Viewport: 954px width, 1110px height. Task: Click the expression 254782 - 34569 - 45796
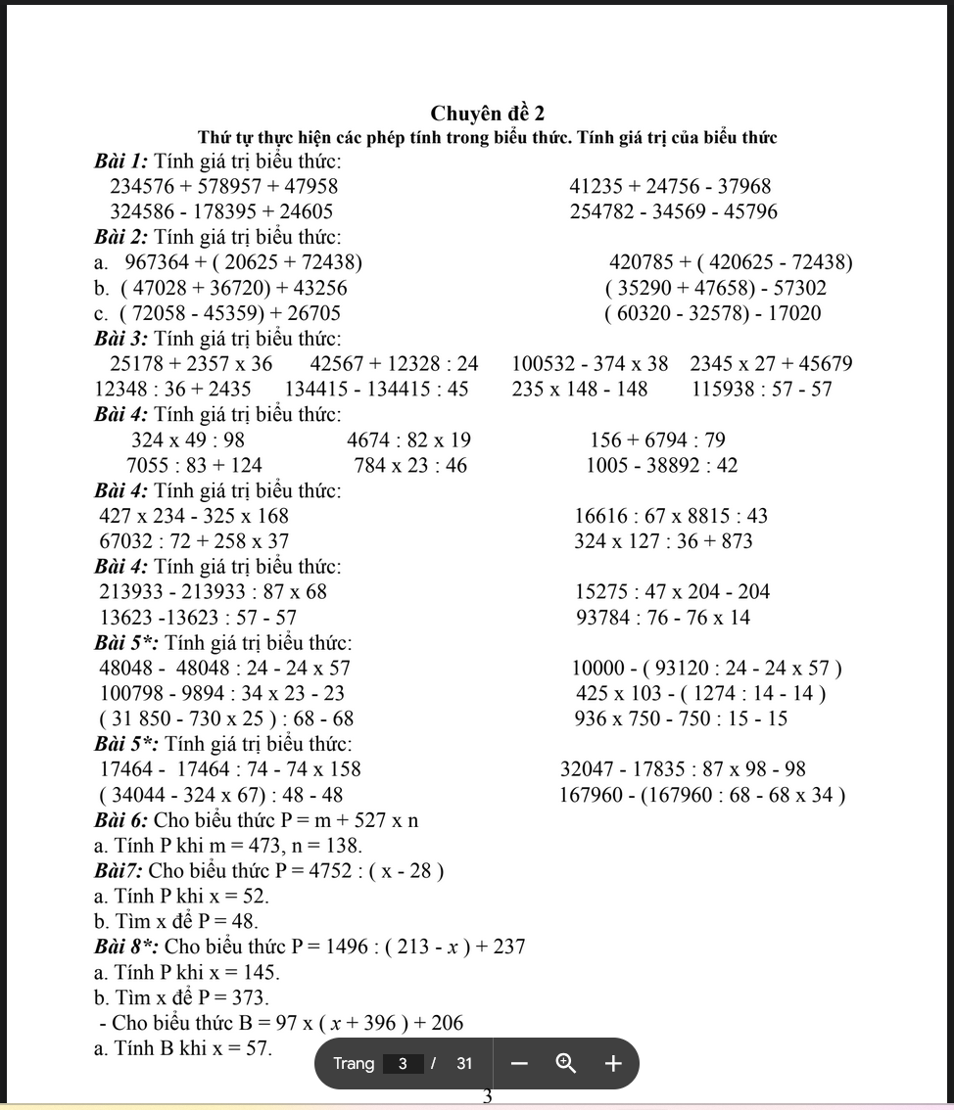click(673, 211)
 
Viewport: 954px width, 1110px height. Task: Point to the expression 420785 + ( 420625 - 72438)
click(730, 262)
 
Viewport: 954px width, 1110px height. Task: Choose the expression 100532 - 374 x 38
click(590, 364)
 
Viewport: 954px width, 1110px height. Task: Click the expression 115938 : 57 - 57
click(761, 390)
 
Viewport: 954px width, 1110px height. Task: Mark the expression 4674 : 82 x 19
click(408, 440)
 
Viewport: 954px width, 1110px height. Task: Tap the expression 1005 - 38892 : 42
click(661, 466)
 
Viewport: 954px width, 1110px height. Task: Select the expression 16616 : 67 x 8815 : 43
click(671, 516)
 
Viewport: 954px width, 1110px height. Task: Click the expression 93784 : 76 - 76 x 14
click(663, 618)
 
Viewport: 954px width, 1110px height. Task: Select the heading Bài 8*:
click(126, 947)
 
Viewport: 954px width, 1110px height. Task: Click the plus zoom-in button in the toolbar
click(613, 1064)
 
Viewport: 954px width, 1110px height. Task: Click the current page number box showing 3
click(403, 1064)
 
